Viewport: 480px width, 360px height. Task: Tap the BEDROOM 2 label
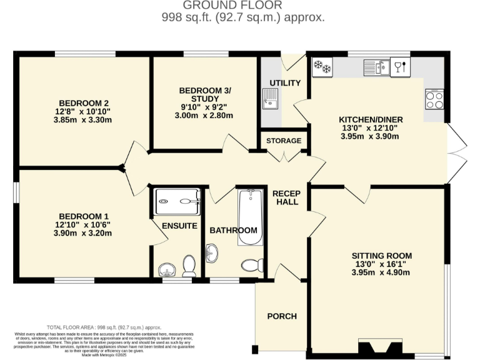84,103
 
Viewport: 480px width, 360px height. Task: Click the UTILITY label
285,83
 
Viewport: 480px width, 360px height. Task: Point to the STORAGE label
284,141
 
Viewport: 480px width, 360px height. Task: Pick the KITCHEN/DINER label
371,119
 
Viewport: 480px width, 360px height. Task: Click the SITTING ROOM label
381,256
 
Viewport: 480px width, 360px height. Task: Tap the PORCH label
282,316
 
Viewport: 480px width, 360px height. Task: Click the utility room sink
270,99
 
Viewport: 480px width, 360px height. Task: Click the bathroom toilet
251,265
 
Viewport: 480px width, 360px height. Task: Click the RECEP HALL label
286,197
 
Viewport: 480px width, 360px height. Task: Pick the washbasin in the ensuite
166,270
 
